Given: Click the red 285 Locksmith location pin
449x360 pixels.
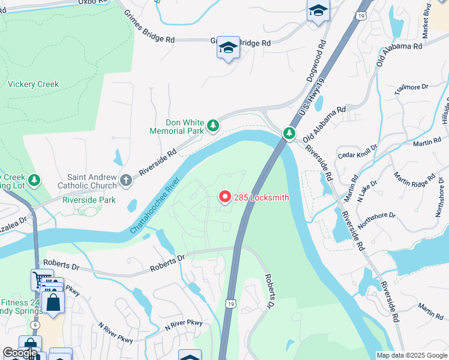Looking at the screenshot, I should pos(225,197).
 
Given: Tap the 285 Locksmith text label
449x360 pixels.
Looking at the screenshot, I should pos(262,197).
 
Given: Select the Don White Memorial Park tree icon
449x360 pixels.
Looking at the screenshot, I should pos(212,125).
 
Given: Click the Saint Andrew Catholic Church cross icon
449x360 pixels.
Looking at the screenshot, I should pos(125,179).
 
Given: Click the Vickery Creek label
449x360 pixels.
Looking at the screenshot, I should pos(34,85).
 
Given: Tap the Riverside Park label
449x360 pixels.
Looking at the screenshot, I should pos(89,200).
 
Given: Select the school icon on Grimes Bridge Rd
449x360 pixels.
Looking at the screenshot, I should pos(228,48).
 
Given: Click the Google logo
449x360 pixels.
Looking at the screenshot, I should pos(19,353).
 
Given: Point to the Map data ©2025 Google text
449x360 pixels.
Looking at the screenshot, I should pos(412,355).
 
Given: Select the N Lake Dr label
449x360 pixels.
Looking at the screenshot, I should pos(367,190).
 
